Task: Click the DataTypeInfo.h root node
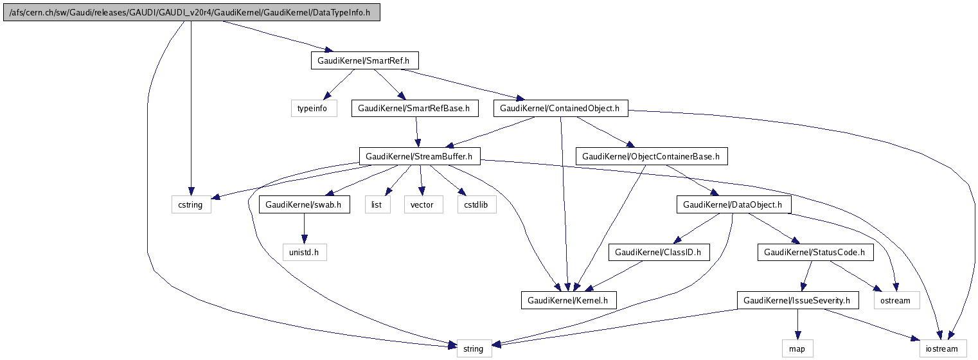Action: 192,13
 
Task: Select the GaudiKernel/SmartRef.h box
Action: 364,61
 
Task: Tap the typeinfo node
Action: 313,109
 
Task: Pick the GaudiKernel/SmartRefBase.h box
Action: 414,109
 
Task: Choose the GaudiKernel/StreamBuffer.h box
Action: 419,156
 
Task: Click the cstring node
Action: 191,205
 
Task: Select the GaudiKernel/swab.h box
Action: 304,205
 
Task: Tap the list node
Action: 377,205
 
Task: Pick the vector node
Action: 422,205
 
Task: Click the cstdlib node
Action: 476,205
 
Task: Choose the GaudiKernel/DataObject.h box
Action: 733,205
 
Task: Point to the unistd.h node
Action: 304,253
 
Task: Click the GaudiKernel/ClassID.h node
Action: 659,253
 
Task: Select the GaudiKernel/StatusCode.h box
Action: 815,253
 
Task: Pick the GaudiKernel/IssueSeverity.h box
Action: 797,300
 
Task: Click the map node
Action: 797,349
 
